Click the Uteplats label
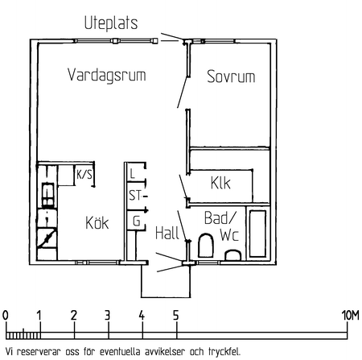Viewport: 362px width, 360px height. pos(111,23)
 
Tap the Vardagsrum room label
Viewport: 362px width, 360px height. pos(107,75)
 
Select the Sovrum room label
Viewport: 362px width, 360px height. pos(231,77)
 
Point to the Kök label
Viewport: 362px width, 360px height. pos(97,222)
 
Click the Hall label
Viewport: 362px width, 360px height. pos(167,233)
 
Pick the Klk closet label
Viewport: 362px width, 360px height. pos(220,183)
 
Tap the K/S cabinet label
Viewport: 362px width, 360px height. pos(84,175)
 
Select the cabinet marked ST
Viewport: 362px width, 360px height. pos(136,196)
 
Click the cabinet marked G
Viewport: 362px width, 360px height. pos(136,221)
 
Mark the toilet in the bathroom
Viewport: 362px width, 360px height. pos(206,246)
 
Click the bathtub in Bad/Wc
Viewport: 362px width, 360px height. pos(258,234)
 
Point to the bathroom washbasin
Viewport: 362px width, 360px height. pos(232,255)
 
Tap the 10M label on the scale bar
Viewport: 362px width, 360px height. pos(351,315)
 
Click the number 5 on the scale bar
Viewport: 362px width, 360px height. pos(175,315)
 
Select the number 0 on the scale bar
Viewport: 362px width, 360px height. pos(5,315)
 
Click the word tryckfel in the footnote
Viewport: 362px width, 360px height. pos(224,352)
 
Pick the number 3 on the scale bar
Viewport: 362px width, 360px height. pos(107,315)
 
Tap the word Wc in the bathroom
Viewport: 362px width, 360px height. pos(229,234)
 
